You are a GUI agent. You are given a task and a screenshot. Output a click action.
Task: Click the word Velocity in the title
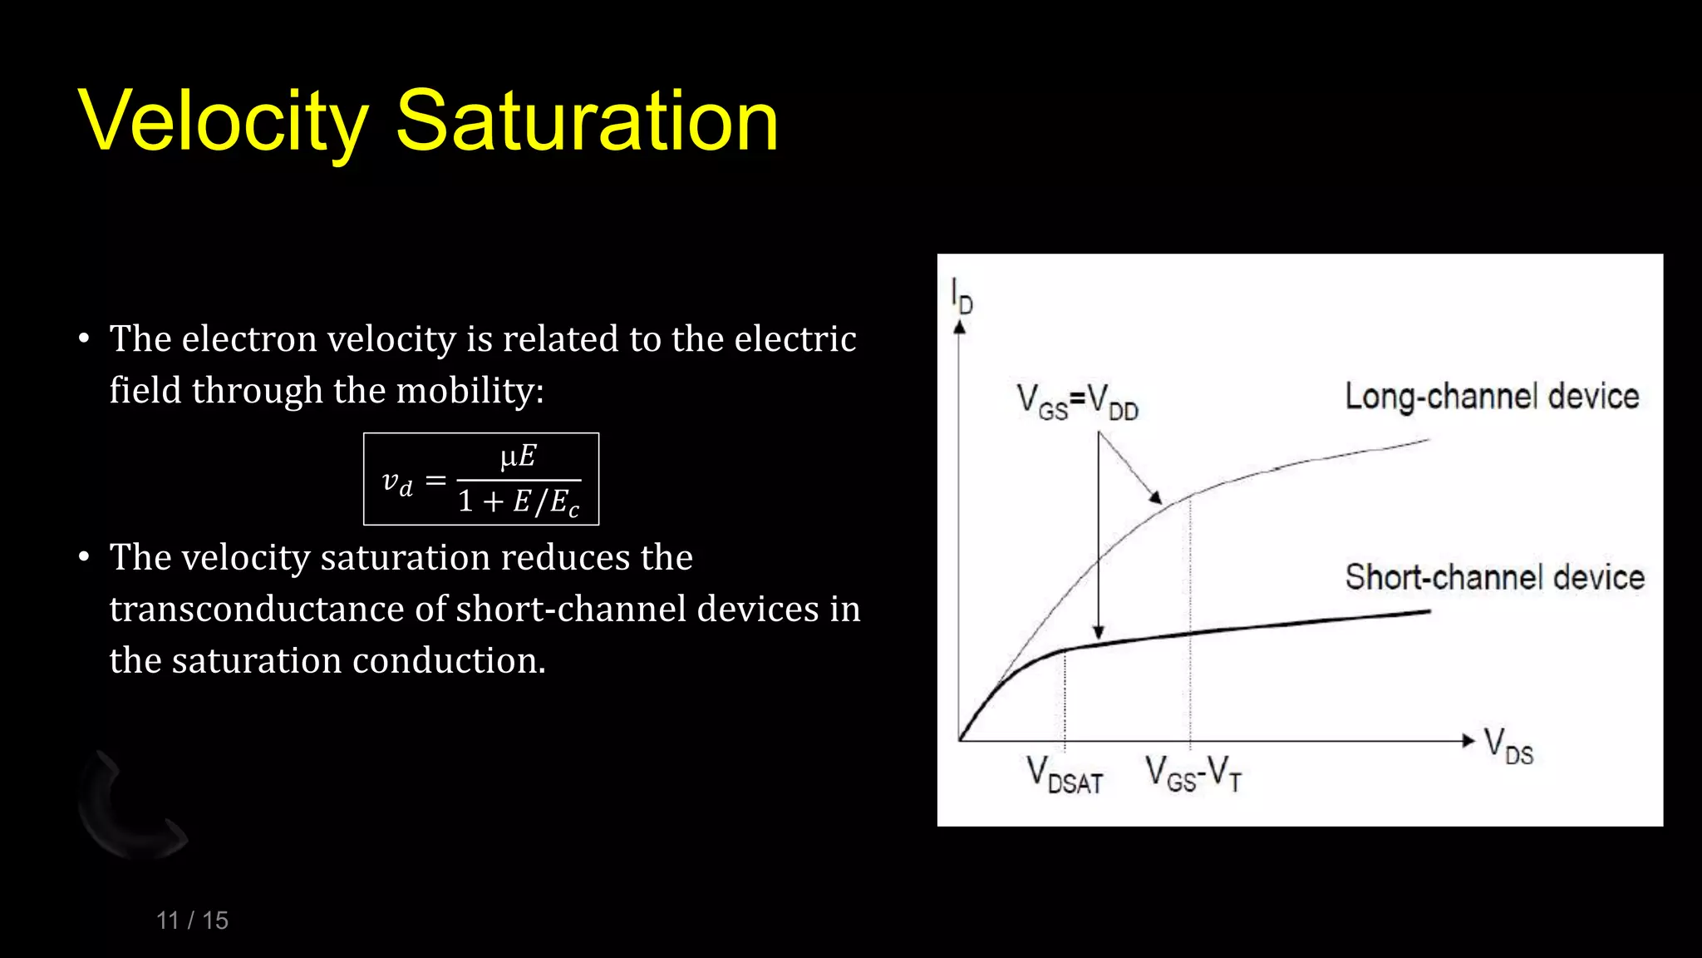tap(223, 122)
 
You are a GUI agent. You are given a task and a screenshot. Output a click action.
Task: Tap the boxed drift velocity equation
tap(481, 479)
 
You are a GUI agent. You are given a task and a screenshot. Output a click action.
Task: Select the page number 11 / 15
tap(192, 921)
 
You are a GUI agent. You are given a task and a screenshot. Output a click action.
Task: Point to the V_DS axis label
tap(1508, 746)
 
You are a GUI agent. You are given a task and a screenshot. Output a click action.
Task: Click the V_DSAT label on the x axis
tap(1065, 775)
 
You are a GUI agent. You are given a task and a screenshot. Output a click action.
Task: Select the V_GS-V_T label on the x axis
tap(1193, 773)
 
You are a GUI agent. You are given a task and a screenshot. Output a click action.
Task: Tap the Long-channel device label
tap(1492, 397)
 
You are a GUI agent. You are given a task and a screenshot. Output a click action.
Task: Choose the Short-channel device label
tap(1494, 577)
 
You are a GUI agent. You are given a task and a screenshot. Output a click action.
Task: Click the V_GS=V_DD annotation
tap(1077, 402)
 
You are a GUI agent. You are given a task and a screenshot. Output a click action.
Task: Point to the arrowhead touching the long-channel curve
tap(1156, 497)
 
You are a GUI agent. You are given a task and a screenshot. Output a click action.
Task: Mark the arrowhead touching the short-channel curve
tap(1099, 633)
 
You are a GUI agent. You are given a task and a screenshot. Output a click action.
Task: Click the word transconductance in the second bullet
tap(258, 609)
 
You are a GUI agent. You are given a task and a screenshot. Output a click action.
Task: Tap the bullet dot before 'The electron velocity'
tap(84, 338)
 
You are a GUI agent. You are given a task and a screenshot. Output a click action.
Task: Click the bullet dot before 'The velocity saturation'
tap(84, 557)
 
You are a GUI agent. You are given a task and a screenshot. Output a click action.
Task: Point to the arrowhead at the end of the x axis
tap(1468, 740)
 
